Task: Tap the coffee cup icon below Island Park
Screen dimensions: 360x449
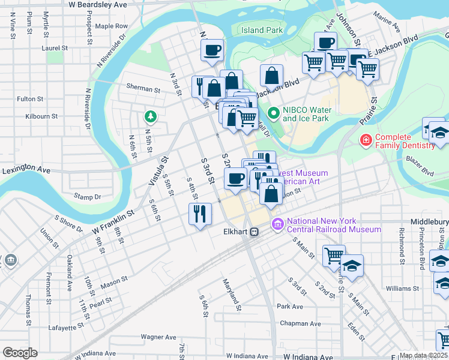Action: pyautogui.click(x=211, y=50)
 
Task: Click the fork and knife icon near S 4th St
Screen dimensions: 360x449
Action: pyautogui.click(x=200, y=213)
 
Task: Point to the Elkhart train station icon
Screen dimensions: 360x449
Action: pyautogui.click(x=255, y=231)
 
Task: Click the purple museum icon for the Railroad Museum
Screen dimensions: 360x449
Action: pyautogui.click(x=277, y=225)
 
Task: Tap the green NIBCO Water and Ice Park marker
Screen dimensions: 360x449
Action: pyautogui.click(x=273, y=112)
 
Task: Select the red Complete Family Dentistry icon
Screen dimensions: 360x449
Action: pyautogui.click(x=364, y=141)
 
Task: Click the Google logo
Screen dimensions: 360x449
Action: pyautogui.click(x=20, y=352)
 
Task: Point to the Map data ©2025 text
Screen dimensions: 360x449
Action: pyautogui.click(x=423, y=355)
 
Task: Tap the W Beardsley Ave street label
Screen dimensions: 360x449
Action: pyautogui.click(x=98, y=4)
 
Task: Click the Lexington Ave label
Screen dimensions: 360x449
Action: pyautogui.click(x=26, y=170)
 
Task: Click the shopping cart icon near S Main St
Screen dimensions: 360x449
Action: pyautogui.click(x=333, y=254)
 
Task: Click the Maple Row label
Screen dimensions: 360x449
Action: pyautogui.click(x=112, y=26)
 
